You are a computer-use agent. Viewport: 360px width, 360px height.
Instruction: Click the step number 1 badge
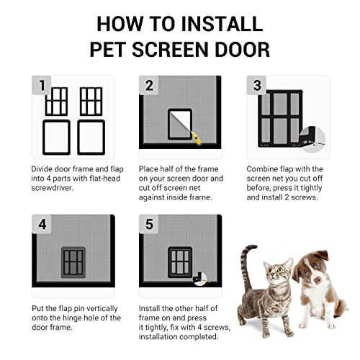coord(42,87)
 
